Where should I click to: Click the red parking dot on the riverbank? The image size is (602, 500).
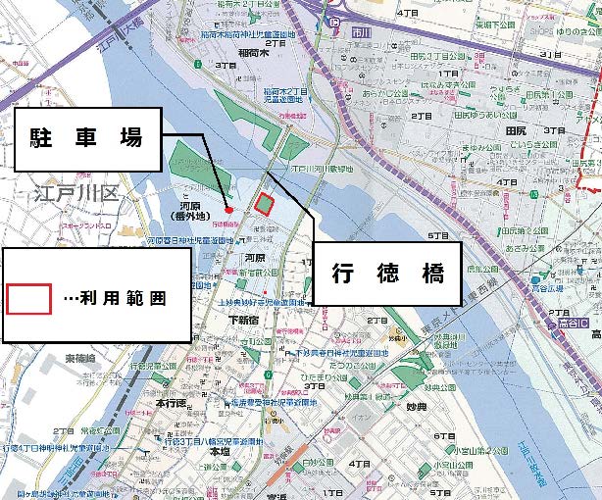(x=228, y=208)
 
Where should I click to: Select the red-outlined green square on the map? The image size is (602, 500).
(x=263, y=203)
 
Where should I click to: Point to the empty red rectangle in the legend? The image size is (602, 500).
(x=29, y=298)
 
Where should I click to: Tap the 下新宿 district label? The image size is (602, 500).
(x=247, y=320)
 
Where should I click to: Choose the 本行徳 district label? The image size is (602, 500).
(x=172, y=403)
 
